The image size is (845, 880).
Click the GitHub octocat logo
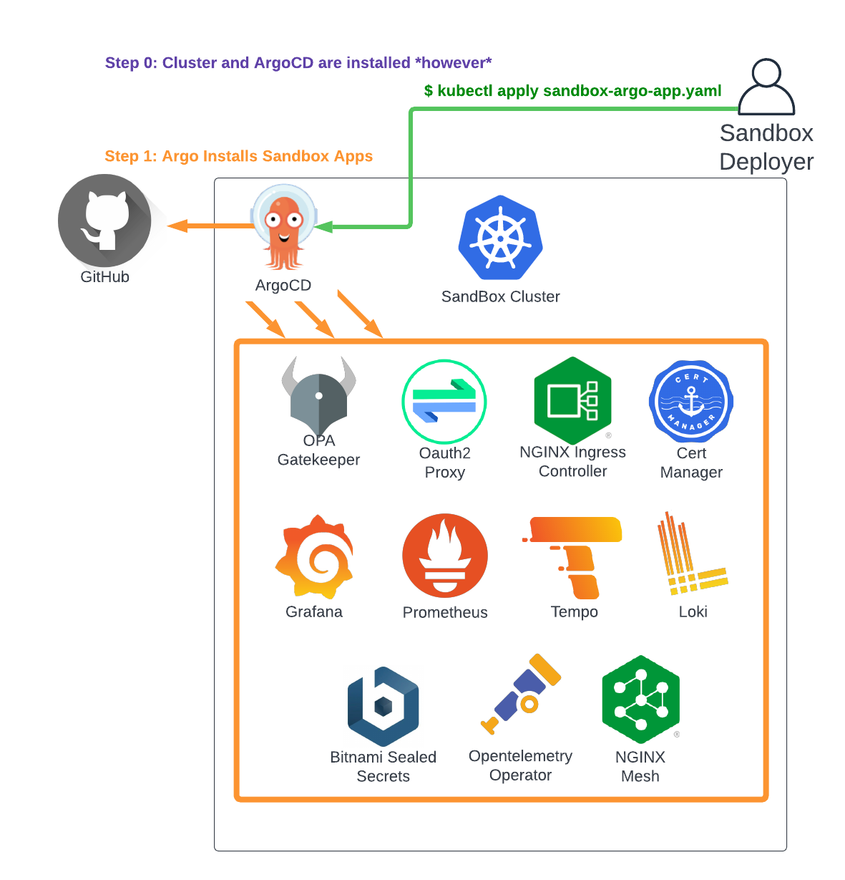(104, 221)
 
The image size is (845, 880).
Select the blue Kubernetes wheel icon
(500, 238)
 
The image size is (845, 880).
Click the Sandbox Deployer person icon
(766, 87)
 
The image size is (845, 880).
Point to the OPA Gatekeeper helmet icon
(319, 396)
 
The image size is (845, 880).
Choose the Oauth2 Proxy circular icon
(444, 402)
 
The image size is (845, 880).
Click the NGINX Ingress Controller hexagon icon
(573, 400)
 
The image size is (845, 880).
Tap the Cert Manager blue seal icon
(691, 402)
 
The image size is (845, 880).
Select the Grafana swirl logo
(315, 556)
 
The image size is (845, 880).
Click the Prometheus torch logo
(445, 556)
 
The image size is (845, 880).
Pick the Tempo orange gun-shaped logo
(575, 556)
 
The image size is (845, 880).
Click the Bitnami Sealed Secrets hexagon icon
(384, 707)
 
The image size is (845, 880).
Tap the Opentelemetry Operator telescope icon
(522, 693)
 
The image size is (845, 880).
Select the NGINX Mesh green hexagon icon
(641, 700)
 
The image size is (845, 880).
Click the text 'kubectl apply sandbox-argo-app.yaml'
(579, 91)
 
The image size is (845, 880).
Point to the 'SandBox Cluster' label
(500, 296)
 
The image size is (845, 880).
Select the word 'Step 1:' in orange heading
(130, 156)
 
